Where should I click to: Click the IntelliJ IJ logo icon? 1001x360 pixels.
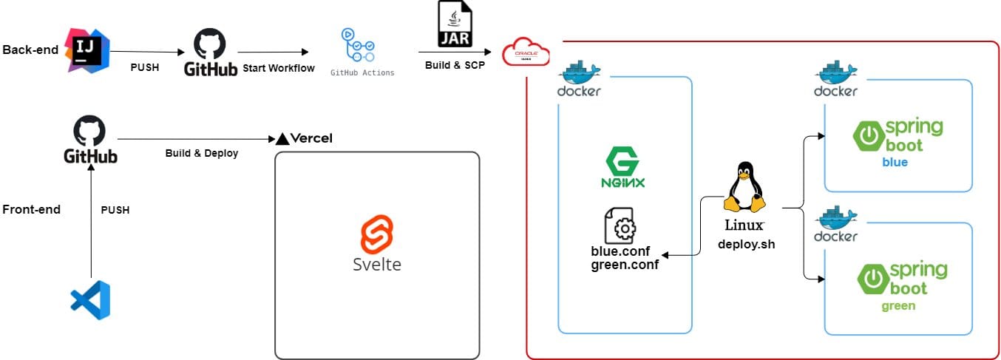(87, 50)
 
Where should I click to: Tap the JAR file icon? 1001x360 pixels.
(455, 24)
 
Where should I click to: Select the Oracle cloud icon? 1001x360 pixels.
(526, 53)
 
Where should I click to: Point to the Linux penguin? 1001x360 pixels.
(744, 189)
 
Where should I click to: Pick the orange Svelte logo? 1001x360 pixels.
(376, 234)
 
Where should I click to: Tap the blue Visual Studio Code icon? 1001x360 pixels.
(90, 300)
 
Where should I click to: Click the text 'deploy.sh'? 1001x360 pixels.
(746, 244)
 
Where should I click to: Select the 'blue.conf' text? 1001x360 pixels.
(620, 251)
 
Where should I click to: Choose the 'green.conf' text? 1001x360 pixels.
(625, 264)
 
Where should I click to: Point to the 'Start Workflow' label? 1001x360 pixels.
(279, 68)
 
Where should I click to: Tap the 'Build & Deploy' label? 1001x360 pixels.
(201, 154)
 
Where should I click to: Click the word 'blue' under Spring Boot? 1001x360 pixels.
(895, 162)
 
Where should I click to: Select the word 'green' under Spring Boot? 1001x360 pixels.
(897, 305)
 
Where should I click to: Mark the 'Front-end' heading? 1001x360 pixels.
(31, 209)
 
